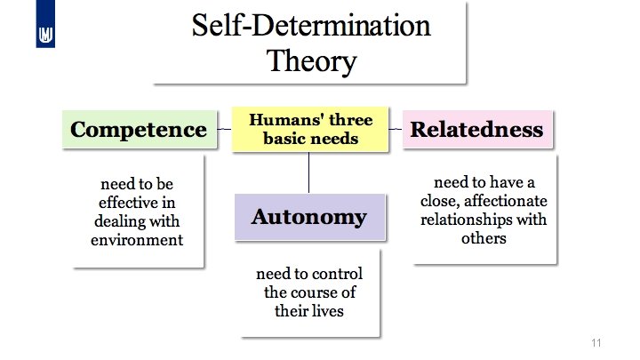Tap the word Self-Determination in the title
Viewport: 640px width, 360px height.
pos(311,26)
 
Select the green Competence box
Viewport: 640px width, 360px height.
pos(139,130)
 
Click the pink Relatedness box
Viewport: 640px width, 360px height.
pos(476,130)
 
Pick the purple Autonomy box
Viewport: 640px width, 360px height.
pos(308,217)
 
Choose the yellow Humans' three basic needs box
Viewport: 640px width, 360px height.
pos(310,129)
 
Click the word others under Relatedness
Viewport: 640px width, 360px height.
pos(484,238)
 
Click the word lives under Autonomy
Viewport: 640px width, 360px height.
pos(329,311)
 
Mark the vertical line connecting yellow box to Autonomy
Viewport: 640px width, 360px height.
pos(308,172)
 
